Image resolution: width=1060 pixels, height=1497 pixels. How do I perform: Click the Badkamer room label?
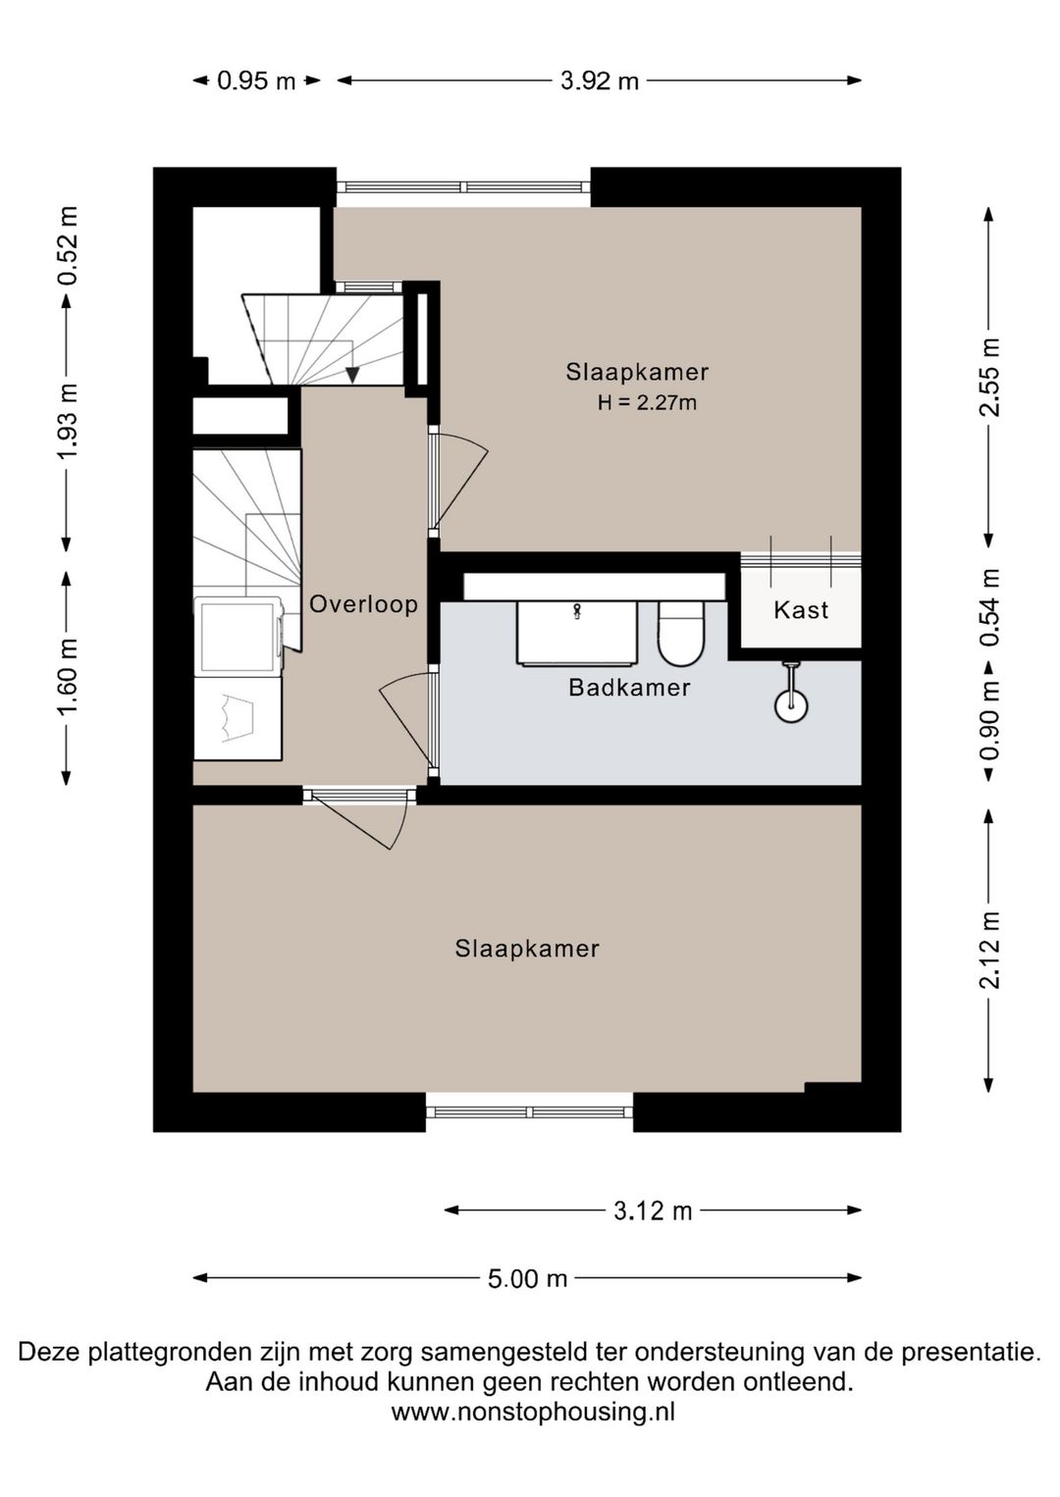[629, 688]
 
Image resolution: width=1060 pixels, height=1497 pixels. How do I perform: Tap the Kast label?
[801, 609]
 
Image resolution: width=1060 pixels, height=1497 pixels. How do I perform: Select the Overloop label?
[364, 604]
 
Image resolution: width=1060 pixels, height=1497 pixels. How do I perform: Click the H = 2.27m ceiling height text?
[648, 402]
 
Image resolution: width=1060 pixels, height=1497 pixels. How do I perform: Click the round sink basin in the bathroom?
[791, 705]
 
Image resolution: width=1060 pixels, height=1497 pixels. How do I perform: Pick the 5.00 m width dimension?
[528, 1278]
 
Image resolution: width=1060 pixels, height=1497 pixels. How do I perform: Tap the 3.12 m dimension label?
[653, 1211]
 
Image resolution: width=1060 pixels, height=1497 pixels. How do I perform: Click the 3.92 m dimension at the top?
[600, 80]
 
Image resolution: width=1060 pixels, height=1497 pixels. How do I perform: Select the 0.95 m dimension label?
[256, 80]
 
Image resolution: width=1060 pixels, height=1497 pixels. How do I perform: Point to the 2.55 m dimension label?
[989, 377]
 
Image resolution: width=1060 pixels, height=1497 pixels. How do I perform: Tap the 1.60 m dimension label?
[68, 676]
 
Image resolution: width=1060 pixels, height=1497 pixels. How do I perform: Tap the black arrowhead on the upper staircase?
[352, 376]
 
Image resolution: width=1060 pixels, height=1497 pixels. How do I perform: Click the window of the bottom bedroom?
[530, 1112]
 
